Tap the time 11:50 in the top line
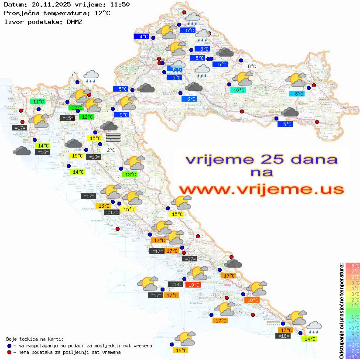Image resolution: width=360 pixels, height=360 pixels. pyautogui.click(x=120, y=4)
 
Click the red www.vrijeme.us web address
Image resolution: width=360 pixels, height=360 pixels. pyautogui.click(x=261, y=189)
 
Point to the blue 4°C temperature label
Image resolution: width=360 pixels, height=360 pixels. pyautogui.click(x=142, y=37)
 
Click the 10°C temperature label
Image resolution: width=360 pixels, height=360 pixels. pyautogui.click(x=238, y=90)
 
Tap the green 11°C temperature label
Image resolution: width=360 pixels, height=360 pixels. pyautogui.click(x=38, y=101)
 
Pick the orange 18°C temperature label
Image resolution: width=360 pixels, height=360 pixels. pyautogui.click(x=252, y=300)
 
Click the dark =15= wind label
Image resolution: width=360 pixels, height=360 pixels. pyautogui.click(x=67, y=118)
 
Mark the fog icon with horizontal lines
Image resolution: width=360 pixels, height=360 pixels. pyautogui.click(x=113, y=137)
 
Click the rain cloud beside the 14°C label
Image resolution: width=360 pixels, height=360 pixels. pyautogui.click(x=314, y=326)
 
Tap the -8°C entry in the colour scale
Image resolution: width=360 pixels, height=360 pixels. pyautogui.click(x=352, y=356)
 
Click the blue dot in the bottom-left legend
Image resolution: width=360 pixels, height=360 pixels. pyautogui.click(x=10, y=346)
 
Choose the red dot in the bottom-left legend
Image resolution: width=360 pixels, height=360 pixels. pyautogui.click(x=10, y=352)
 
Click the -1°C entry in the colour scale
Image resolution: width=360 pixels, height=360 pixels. pyautogui.click(x=352, y=316)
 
